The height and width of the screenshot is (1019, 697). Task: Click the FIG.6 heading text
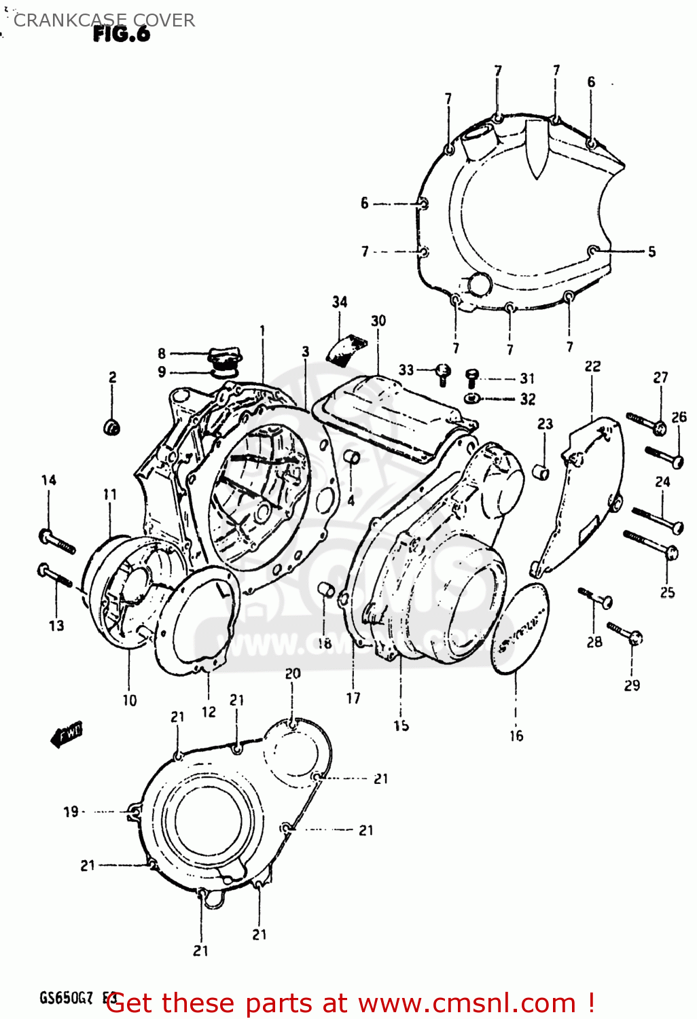point(121,35)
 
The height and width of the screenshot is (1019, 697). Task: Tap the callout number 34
point(340,302)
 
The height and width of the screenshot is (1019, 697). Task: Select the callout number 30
point(378,321)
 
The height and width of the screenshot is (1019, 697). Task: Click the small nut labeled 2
point(111,427)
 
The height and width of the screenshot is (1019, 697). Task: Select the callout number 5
point(651,252)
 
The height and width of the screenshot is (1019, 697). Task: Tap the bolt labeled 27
point(645,423)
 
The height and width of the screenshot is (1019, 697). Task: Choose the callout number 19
point(71,811)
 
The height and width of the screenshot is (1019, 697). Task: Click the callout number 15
point(401,726)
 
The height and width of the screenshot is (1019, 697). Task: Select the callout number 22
point(592,367)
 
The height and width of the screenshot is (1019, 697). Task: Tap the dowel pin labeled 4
point(352,457)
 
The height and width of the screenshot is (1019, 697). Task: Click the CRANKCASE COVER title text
point(104,20)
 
